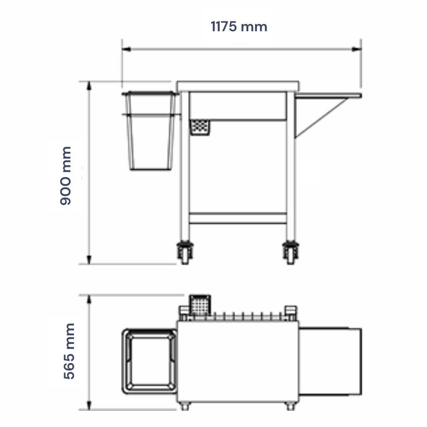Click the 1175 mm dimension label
[239, 27]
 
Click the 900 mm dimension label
[65, 176]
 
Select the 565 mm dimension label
[69, 351]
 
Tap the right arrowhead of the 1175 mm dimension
[357, 49]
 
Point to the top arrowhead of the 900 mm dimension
[89, 86]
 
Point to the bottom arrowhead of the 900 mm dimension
[89, 259]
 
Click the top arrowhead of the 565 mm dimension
[89, 300]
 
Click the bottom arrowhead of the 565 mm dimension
[89, 405]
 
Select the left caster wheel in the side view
[185, 253]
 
